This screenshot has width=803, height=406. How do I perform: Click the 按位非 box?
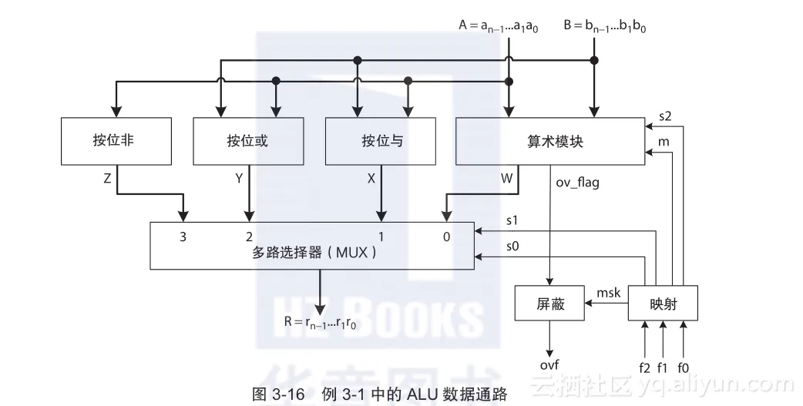pos(113,141)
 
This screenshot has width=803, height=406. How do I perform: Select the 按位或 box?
pos(247,141)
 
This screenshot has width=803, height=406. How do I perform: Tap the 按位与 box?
pos(382,141)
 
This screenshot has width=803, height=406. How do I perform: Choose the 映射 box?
pos(663,304)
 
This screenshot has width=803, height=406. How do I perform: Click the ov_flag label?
pos(577,183)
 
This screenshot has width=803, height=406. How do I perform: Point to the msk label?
pos(608,293)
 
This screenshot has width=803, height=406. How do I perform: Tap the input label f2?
pos(644,367)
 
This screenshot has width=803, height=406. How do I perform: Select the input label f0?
pos(683,367)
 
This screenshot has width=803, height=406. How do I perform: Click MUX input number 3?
pos(183,237)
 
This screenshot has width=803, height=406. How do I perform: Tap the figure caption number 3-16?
pos(299,394)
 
